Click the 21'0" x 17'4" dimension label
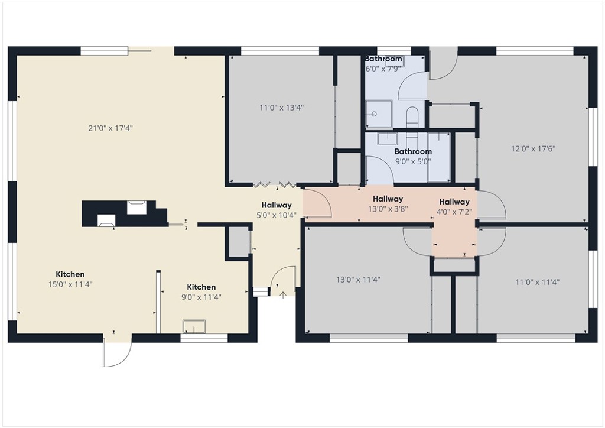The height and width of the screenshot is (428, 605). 110,128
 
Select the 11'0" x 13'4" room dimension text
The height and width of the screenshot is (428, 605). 281,108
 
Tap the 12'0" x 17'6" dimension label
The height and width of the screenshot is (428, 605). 534,149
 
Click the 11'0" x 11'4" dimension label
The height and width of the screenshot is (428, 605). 537,282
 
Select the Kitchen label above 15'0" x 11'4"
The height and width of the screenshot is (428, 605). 70,274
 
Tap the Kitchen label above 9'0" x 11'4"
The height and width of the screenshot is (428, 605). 201,287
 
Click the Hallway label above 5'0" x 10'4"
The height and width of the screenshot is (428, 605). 277,206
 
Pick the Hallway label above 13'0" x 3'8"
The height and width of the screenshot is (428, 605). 388,199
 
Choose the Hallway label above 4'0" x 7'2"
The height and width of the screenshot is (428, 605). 454,202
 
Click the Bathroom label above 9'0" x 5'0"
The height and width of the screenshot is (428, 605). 413,152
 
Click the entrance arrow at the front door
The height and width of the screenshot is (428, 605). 282,294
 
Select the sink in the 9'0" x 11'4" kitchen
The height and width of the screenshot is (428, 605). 194,326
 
